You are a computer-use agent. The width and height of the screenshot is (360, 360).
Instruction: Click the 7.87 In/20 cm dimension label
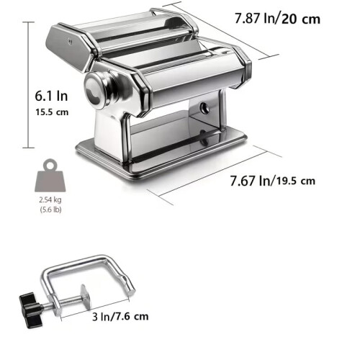click(277, 19)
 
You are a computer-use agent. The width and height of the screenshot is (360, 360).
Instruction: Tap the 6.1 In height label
click(51, 96)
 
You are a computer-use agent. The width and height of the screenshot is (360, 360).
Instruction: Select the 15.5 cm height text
click(52, 112)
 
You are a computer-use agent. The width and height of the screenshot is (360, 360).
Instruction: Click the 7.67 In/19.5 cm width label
click(273, 181)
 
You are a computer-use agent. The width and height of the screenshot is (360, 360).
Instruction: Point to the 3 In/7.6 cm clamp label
click(120, 317)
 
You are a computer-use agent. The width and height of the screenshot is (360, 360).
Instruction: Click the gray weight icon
click(50, 176)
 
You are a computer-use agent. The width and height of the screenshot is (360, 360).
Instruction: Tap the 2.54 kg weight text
click(50, 199)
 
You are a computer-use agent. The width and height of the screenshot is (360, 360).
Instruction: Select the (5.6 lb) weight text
click(50, 210)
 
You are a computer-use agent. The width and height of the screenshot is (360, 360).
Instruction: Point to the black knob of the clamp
click(30, 310)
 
